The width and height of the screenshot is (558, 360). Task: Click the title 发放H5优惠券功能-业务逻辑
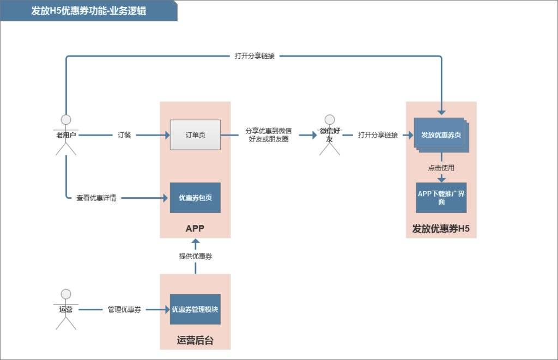[x=88, y=11]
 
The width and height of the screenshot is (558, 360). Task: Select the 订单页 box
[x=195, y=135]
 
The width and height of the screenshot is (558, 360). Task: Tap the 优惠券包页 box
[x=195, y=198]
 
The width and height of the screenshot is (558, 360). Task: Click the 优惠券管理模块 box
[x=195, y=309]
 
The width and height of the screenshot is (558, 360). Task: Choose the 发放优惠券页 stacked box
[x=440, y=135]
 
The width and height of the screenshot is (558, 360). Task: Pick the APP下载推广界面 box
[x=441, y=198]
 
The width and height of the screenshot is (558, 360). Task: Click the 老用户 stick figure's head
[x=66, y=120]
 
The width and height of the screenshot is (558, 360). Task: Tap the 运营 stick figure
[x=66, y=309]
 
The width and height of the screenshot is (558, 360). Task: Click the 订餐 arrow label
[x=124, y=135]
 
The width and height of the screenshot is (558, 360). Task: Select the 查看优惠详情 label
[x=96, y=198]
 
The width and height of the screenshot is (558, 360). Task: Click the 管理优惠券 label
[x=124, y=309]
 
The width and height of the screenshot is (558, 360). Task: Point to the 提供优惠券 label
[x=195, y=256]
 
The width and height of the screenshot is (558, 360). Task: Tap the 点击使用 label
[x=441, y=168]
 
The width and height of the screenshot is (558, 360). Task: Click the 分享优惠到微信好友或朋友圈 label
[x=268, y=135]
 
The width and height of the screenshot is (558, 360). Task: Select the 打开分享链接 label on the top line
[x=254, y=56]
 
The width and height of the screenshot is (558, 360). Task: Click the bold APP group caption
[x=195, y=228]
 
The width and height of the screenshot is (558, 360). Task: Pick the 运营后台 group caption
[x=195, y=341]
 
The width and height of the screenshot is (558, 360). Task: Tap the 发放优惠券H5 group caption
[x=441, y=229]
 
